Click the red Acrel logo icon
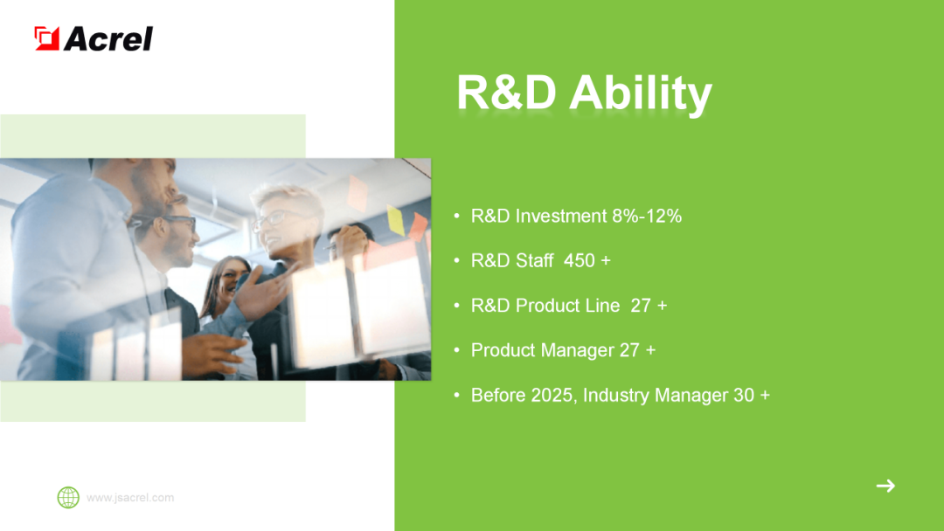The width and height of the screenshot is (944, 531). pyautogui.click(x=47, y=38)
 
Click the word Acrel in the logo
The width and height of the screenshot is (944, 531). pyautogui.click(x=108, y=39)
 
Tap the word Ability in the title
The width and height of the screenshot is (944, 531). pyautogui.click(x=641, y=93)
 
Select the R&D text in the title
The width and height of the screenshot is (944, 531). pyautogui.click(x=506, y=93)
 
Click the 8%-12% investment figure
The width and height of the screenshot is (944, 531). pyautogui.click(x=647, y=216)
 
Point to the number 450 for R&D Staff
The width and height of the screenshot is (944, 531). pyautogui.click(x=580, y=260)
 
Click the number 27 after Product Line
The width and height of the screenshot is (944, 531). pyautogui.click(x=641, y=306)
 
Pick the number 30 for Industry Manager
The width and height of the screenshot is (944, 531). pyautogui.click(x=744, y=395)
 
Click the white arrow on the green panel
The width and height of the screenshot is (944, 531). pyautogui.click(x=885, y=486)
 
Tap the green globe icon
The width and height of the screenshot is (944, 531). pyautogui.click(x=68, y=497)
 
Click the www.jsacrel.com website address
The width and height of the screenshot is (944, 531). pyautogui.click(x=130, y=498)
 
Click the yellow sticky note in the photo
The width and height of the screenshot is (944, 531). pyautogui.click(x=396, y=220)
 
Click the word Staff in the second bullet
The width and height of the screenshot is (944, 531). pyautogui.click(x=535, y=260)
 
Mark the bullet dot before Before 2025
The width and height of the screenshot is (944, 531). pyautogui.click(x=457, y=395)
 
